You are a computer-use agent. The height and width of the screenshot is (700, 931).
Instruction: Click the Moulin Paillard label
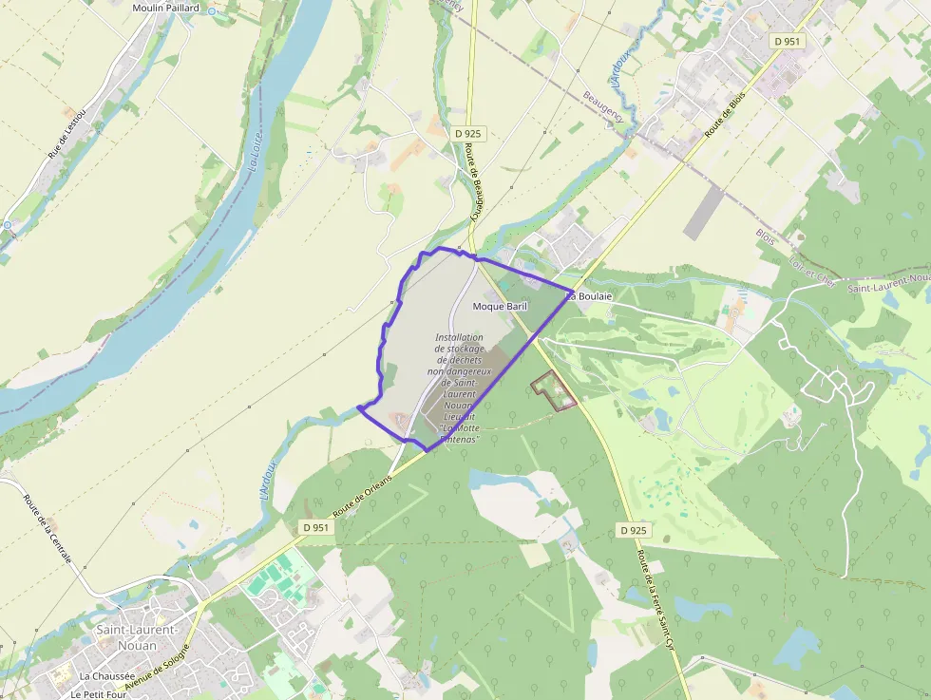[165, 8]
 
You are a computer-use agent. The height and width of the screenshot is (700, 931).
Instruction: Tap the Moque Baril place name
[500, 308]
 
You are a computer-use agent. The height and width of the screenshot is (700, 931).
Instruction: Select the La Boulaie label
[589, 296]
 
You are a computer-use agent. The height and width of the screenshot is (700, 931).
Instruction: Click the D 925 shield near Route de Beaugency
[468, 134]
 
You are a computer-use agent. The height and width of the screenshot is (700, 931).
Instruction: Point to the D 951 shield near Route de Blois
[788, 41]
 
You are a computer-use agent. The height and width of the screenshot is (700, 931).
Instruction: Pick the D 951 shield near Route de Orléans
[317, 527]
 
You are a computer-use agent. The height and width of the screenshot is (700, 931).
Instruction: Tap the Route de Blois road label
[725, 115]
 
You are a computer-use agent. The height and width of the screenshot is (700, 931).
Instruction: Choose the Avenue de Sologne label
[157, 665]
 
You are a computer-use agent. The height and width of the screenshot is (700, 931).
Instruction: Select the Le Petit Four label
[103, 694]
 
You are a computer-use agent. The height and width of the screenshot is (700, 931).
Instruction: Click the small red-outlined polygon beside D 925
[554, 391]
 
